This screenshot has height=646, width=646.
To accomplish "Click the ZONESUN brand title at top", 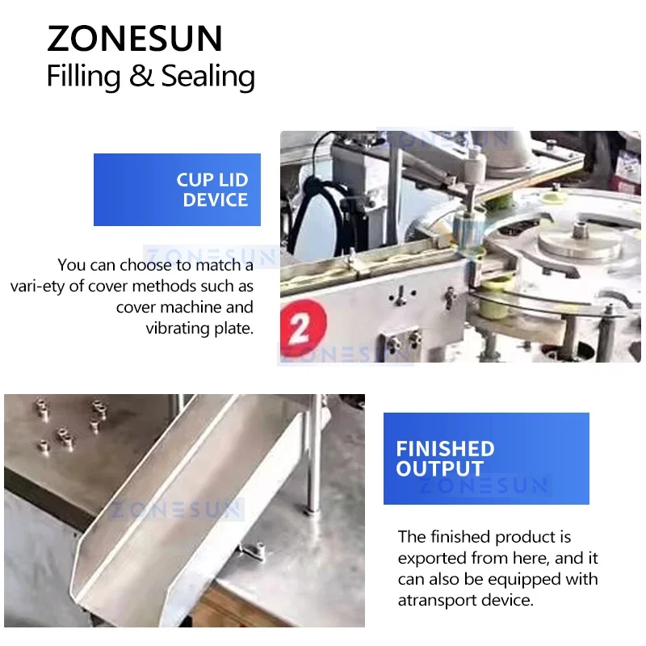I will (134, 39).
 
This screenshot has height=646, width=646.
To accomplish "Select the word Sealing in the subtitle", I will (208, 77).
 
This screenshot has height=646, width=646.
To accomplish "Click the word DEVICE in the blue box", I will (215, 200).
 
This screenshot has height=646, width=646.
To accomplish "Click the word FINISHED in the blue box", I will (445, 449).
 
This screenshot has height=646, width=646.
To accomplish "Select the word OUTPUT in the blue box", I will (440, 469).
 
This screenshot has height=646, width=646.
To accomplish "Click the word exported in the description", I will (430, 558).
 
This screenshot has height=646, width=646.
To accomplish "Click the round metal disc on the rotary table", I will (580, 241).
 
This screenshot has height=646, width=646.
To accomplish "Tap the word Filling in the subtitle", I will (82, 77).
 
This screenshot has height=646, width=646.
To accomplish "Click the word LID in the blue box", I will (233, 180).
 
